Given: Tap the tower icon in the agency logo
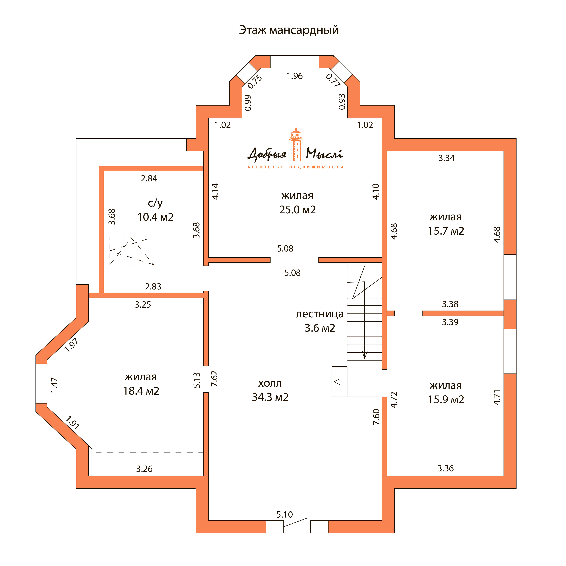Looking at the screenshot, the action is [x=296, y=144].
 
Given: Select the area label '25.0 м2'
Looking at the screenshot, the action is [x=297, y=210].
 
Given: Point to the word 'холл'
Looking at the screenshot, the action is [x=270, y=383].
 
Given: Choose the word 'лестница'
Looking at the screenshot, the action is [x=320, y=314].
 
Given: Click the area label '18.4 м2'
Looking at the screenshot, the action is [x=141, y=391].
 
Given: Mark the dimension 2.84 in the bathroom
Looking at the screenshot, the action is [x=149, y=178].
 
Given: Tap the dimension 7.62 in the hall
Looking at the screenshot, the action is [x=214, y=379].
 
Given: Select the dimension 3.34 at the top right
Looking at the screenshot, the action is [x=446, y=158].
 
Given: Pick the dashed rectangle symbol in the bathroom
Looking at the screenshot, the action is [x=132, y=251].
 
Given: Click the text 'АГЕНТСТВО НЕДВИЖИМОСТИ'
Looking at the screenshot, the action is [x=295, y=167].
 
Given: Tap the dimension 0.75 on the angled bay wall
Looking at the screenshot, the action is [x=255, y=82].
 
